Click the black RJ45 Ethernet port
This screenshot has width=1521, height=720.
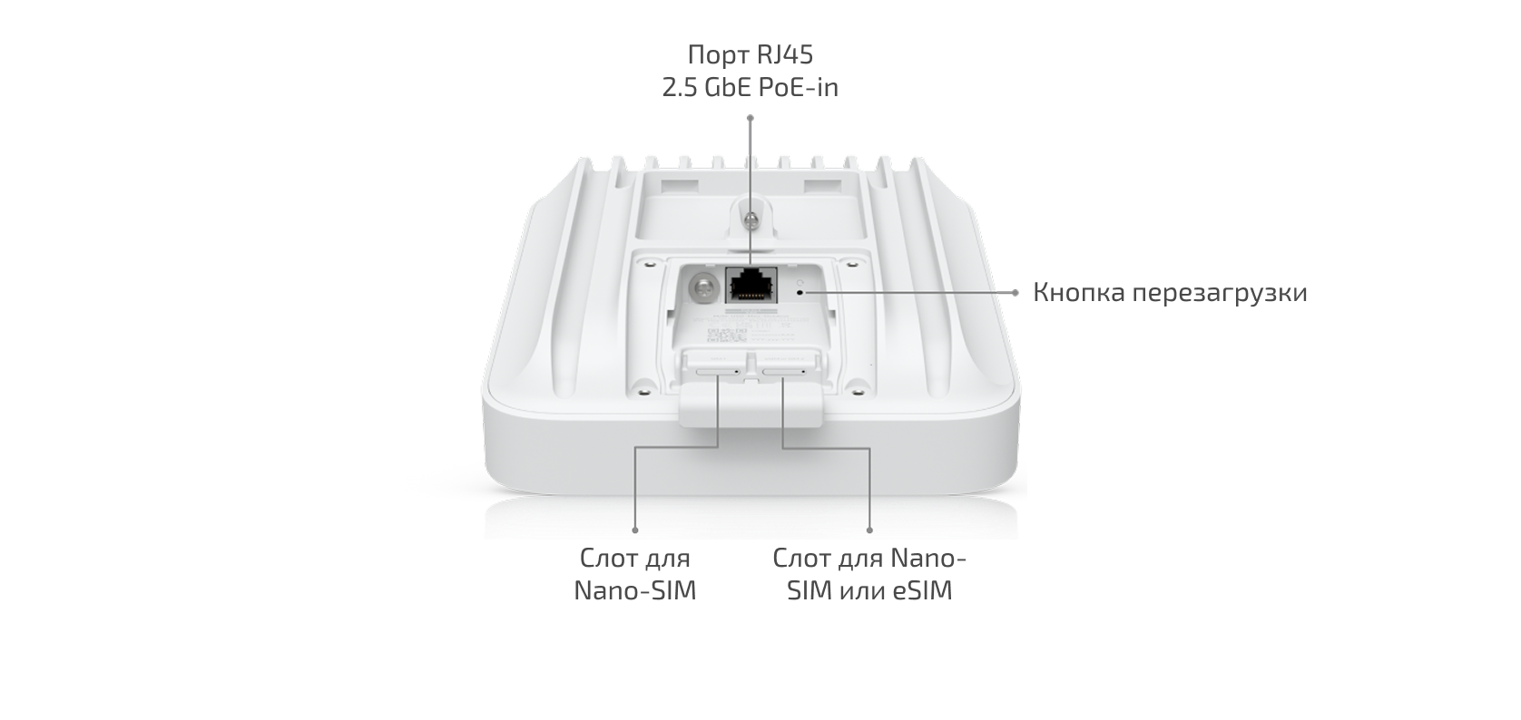click(x=751, y=285)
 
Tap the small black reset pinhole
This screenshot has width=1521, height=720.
click(x=800, y=293)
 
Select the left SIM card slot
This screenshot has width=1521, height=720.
click(x=718, y=372)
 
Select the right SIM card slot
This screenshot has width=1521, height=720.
click(x=783, y=372)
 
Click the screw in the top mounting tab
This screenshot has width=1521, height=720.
click(x=751, y=219)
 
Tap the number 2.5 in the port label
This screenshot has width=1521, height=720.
click(x=680, y=88)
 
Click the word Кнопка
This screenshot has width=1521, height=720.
click(x=1079, y=293)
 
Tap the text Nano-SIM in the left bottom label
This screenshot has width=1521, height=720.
click(x=635, y=591)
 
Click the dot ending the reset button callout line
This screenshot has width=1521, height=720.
click(x=1016, y=293)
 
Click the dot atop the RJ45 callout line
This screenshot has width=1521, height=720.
click(x=751, y=118)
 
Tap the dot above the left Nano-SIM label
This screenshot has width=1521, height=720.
click(x=635, y=530)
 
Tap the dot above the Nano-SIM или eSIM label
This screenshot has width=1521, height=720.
click(x=869, y=530)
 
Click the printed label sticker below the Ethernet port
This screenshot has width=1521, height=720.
click(x=746, y=329)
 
